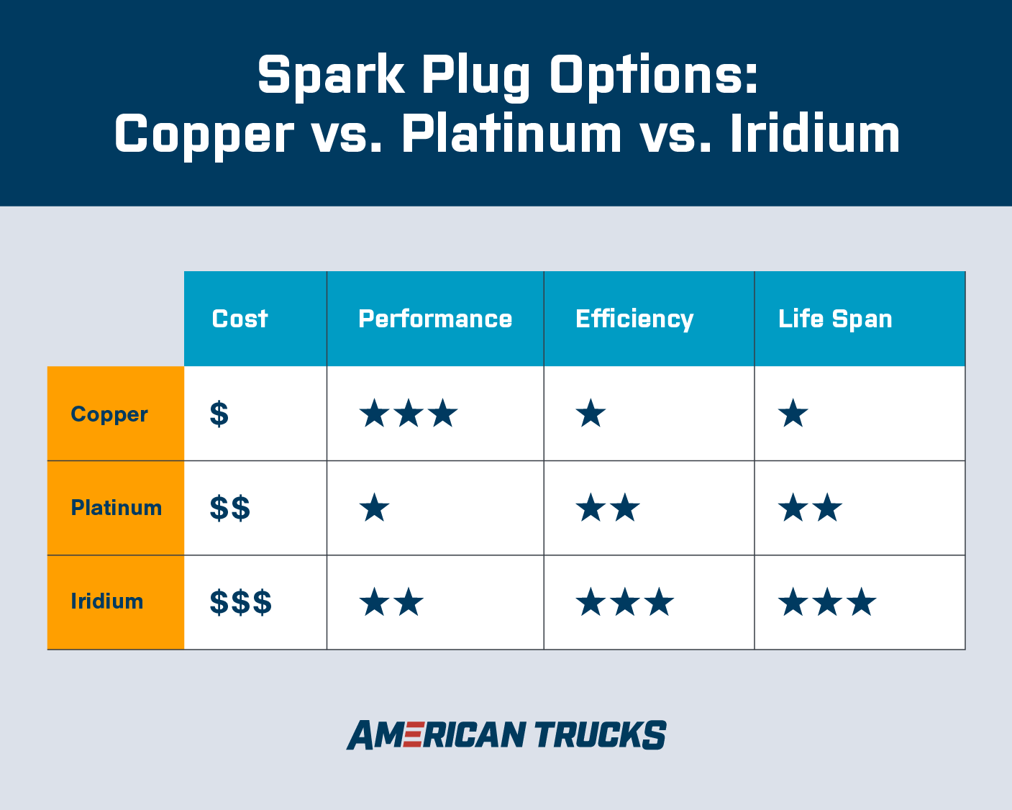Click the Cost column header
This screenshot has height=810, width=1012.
pyautogui.click(x=240, y=319)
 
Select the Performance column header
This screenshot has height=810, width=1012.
pyautogui.click(x=435, y=319)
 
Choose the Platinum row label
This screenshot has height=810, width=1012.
pyautogui.click(x=116, y=508)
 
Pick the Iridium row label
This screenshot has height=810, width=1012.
pyautogui.click(x=106, y=601)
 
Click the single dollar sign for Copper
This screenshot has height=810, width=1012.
pyautogui.click(x=219, y=414)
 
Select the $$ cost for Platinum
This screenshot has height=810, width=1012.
pyautogui.click(x=230, y=508)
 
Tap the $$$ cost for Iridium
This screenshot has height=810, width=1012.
pyautogui.click(x=241, y=602)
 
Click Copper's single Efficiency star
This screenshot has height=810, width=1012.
pyautogui.click(x=591, y=413)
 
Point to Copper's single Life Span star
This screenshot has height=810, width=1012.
pyautogui.click(x=793, y=413)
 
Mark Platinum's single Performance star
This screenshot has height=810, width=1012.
pyautogui.click(x=374, y=507)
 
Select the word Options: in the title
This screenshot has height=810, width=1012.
pyautogui.click(x=655, y=77)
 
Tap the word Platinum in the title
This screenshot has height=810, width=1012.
pyautogui.click(x=511, y=134)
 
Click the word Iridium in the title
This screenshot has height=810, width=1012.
pyautogui.click(x=815, y=134)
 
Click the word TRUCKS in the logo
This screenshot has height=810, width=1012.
pyautogui.click(x=601, y=734)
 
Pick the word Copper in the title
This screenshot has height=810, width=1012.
pyautogui.click(x=204, y=137)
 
